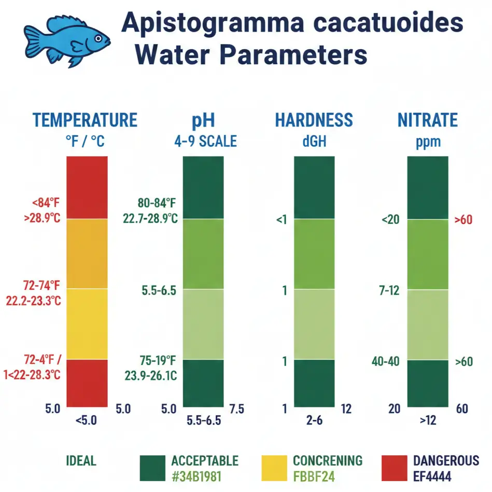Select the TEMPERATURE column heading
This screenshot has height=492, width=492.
pos(85,120)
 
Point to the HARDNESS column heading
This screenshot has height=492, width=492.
pos(314,120)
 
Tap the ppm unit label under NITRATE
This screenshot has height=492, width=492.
pos(428,142)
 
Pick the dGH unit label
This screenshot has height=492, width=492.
pos(314,142)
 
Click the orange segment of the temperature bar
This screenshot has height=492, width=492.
pos(87,253)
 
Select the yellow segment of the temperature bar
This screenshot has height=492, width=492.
pos(87,324)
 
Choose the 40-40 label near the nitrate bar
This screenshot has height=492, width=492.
pos(386,361)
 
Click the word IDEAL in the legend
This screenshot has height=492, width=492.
pos(81,461)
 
